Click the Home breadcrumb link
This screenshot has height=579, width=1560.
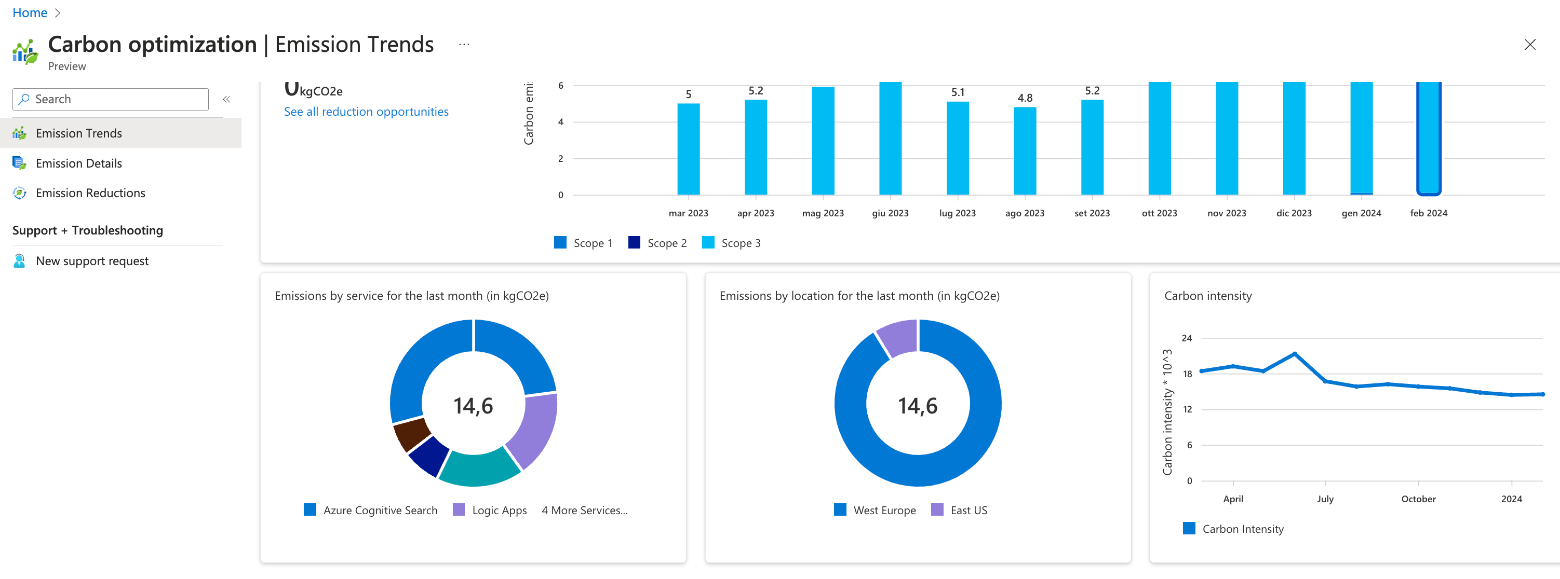(x=30, y=12)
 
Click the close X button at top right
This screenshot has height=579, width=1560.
(x=1529, y=45)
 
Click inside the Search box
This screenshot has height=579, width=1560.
(x=115, y=99)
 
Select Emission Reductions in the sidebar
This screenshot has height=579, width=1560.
(x=90, y=193)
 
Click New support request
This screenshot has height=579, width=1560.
(x=91, y=261)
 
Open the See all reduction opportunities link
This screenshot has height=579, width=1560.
(x=366, y=112)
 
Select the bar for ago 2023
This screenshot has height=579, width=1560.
(x=1025, y=151)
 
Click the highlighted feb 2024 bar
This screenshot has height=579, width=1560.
(x=1428, y=139)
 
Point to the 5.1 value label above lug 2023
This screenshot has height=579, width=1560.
(x=958, y=92)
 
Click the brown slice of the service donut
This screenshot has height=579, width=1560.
(x=411, y=435)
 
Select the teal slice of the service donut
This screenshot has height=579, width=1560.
(x=478, y=470)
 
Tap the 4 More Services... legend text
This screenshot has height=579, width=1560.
(x=584, y=510)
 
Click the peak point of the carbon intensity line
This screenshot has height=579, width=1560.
(x=1294, y=354)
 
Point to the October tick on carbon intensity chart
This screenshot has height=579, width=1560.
(x=1418, y=499)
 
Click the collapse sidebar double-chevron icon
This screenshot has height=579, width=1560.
(x=226, y=99)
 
